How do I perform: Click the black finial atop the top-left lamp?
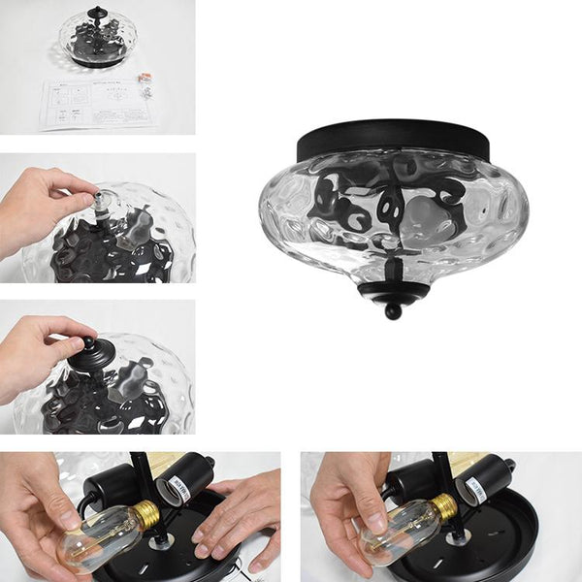[97, 15]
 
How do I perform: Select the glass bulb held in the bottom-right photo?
[393, 533]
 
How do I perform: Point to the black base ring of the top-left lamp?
[97, 60]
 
